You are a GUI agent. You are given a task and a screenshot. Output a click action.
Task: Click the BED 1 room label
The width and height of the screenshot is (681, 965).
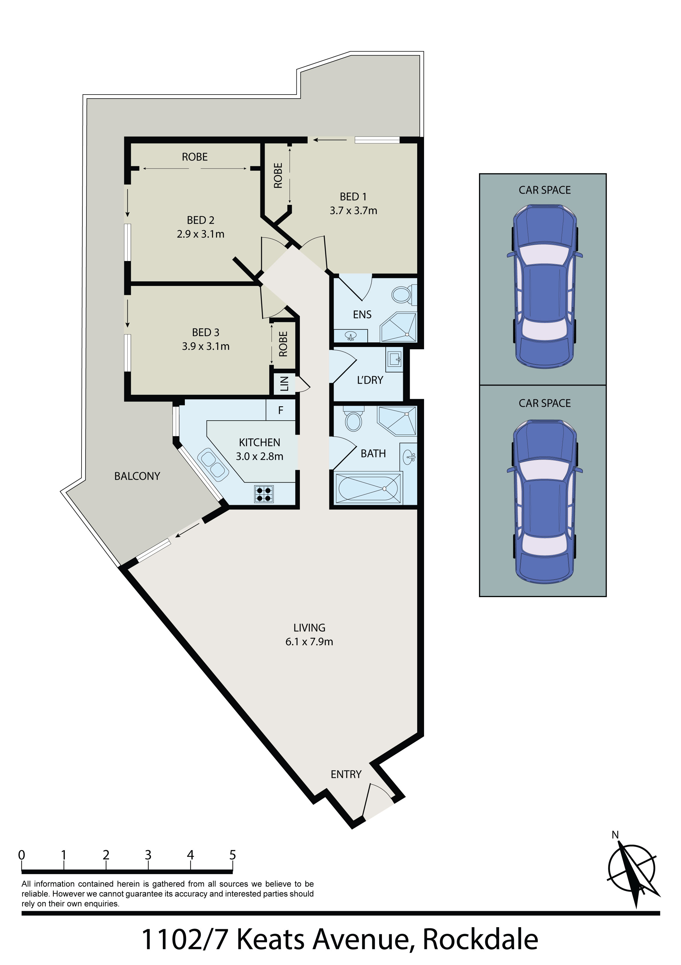pyautogui.click(x=353, y=197)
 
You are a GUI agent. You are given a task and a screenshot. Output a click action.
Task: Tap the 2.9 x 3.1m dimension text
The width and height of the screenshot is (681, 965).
pyautogui.click(x=201, y=234)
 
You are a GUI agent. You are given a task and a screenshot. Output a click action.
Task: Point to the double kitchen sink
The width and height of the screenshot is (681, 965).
pyautogui.click(x=213, y=464)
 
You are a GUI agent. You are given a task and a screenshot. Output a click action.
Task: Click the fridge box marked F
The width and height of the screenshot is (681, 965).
pyautogui.click(x=281, y=410)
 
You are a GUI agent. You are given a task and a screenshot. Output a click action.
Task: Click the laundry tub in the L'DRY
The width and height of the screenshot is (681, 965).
pyautogui.click(x=394, y=359)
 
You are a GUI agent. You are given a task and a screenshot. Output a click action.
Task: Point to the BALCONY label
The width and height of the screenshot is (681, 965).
pyautogui.click(x=137, y=476)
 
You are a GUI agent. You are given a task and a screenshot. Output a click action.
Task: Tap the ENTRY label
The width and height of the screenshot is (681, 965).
pyautogui.click(x=346, y=774)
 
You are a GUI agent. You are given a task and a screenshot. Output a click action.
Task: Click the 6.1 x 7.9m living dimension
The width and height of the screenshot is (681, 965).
pyautogui.click(x=309, y=642)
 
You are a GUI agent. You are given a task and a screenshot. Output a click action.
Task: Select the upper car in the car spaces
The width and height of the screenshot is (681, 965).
pyautogui.click(x=545, y=287)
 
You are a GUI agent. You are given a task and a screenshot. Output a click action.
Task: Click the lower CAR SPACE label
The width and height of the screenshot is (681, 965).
pyautogui.click(x=545, y=403)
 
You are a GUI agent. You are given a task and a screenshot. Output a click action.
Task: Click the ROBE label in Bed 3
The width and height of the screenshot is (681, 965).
pyautogui.click(x=283, y=344)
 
